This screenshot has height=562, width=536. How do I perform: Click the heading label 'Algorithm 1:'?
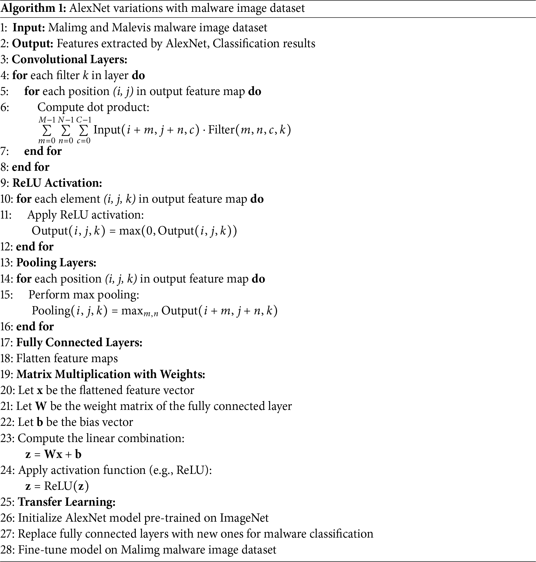pos(33,8)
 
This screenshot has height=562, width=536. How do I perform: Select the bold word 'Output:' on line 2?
pos(33,43)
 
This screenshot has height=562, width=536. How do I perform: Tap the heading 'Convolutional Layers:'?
pos(69,60)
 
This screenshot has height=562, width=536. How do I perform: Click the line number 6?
pos(5,107)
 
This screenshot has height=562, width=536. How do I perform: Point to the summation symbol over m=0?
pos(47,130)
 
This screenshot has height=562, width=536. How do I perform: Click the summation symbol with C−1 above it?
pos(83,130)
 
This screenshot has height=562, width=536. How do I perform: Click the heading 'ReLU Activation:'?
pos(57,183)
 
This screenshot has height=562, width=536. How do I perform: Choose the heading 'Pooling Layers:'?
pos(56,262)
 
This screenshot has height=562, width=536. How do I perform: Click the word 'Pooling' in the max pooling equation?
pos(51,311)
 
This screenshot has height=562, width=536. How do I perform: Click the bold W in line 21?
pos(41,406)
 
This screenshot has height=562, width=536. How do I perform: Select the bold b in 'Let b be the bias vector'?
pos(40,423)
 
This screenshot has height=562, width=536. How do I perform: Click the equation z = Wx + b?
pos(53,454)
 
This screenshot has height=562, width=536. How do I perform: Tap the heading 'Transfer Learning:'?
pos(67,502)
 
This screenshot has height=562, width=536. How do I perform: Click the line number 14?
pos(7,279)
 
